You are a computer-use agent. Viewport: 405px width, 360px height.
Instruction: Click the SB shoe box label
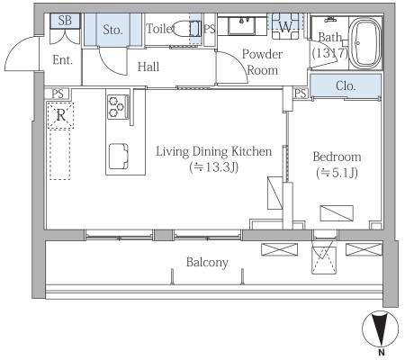65,21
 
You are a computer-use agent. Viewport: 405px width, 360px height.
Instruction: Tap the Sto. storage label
112,30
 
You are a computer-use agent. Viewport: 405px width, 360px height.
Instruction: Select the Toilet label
160,29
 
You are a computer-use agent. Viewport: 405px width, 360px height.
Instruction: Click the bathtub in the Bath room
365,43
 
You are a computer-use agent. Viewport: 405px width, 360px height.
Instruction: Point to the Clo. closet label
346,86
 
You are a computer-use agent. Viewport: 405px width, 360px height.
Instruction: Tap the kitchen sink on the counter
119,157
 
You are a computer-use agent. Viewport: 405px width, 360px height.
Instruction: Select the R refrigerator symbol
60,115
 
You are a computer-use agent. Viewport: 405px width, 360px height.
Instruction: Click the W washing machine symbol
285,26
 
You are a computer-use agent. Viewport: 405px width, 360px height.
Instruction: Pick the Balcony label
207,263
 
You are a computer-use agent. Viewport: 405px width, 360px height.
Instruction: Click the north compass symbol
381,329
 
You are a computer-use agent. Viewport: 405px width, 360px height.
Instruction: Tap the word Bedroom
337,157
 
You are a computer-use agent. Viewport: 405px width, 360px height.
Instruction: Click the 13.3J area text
214,167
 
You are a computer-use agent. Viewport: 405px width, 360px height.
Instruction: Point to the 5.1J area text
337,173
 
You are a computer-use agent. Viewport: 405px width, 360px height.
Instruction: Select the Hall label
148,67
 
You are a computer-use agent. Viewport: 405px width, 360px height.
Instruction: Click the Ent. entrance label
62,60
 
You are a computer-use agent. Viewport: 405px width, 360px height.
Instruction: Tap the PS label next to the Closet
301,94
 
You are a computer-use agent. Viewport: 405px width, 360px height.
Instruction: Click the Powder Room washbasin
242,26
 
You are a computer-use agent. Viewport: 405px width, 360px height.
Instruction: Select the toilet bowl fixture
187,29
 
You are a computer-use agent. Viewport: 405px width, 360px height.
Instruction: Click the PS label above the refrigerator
58,94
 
